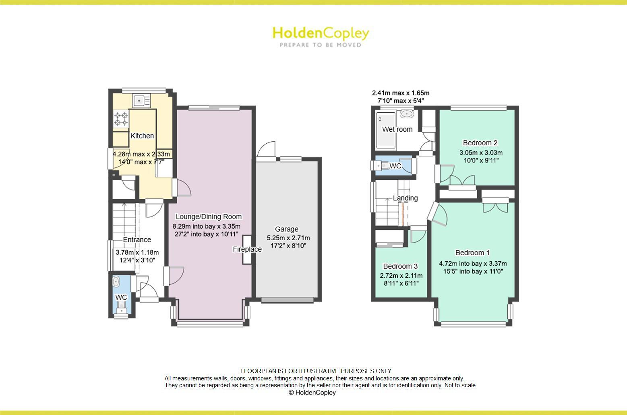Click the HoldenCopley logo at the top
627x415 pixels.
pos(321,33)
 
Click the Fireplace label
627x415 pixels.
pos(247,250)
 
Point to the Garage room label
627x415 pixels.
pos(287,229)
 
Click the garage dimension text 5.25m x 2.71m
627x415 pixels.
pos(288,238)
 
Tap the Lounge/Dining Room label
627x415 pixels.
pos(209,217)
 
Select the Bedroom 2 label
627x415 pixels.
pos(480,143)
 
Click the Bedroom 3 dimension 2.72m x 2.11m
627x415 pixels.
pos(401,276)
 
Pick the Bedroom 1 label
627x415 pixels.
pos(472,253)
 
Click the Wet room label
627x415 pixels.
pos(397,129)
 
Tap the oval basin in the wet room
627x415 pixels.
pos(407,114)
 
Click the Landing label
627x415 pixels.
pos(405,198)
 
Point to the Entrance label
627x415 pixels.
pos(137,240)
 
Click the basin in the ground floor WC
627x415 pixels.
pos(116,281)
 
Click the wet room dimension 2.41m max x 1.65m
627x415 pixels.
pos(400,93)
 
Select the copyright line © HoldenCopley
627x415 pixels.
pos(312,393)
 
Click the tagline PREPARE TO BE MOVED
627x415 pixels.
pos(321,45)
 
